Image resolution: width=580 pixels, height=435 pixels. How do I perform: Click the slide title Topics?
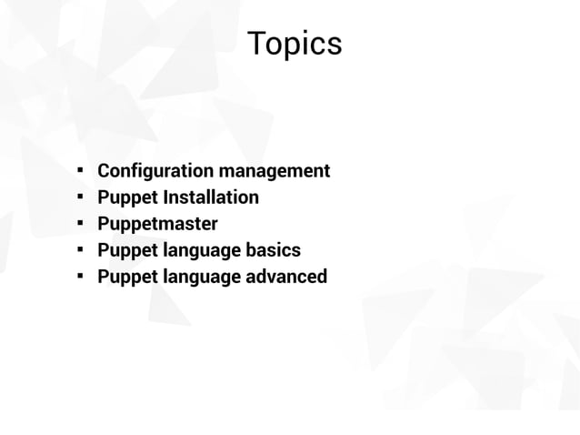(x=295, y=44)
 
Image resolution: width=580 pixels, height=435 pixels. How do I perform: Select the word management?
(x=275, y=171)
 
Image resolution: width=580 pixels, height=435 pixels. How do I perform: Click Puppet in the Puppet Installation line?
(x=127, y=197)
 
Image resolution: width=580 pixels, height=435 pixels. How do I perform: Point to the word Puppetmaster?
(x=157, y=224)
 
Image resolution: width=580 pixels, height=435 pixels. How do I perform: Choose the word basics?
(x=273, y=250)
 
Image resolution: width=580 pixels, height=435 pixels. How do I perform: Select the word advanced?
(x=286, y=277)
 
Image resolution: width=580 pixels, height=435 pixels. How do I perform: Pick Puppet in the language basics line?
(x=127, y=250)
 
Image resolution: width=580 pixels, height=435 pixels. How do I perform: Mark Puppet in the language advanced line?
(x=127, y=277)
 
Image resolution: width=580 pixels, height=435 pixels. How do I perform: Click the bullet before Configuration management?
(x=80, y=170)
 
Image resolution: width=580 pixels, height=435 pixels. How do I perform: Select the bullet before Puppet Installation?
(x=80, y=197)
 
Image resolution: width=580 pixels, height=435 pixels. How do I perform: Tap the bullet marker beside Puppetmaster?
(x=80, y=223)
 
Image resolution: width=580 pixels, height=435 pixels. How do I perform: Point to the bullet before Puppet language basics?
(x=80, y=249)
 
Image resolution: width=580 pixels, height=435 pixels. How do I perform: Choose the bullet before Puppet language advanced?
(x=80, y=276)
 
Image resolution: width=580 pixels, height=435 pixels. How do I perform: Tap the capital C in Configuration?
(x=104, y=171)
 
